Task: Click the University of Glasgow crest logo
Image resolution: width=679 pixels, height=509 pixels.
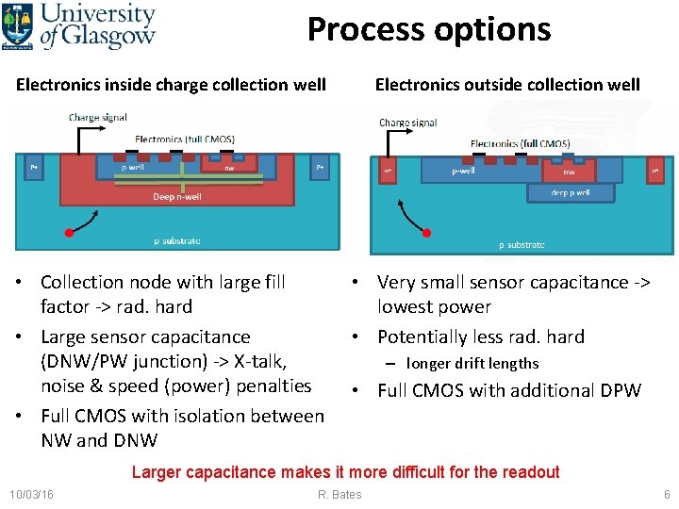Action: [17, 26]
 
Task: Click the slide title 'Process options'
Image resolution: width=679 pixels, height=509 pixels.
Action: [429, 30]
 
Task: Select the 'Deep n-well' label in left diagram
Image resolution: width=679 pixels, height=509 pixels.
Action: [177, 197]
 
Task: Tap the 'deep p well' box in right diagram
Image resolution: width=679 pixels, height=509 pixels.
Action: [571, 193]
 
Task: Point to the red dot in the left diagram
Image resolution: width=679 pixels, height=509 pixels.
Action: [69, 233]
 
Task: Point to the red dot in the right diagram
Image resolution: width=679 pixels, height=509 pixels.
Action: [426, 233]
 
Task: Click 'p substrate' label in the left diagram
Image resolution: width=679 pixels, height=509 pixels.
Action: [177, 240]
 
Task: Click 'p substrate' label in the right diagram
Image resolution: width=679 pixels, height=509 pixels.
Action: [522, 245]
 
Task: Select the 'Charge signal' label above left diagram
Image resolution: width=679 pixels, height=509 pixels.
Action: [98, 117]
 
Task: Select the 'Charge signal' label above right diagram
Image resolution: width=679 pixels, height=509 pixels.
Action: [408, 123]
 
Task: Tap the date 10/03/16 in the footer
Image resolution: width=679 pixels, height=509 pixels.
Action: [32, 494]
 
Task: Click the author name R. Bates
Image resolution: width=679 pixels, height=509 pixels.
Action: [339, 494]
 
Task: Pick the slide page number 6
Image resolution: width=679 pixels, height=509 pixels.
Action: [667, 494]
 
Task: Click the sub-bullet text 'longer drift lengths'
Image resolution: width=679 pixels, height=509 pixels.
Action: [472, 364]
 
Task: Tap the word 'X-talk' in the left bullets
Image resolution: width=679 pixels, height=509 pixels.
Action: [260, 361]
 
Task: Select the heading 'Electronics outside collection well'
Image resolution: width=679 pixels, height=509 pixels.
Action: [507, 85]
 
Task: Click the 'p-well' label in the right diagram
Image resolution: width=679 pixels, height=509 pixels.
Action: [463, 171]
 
